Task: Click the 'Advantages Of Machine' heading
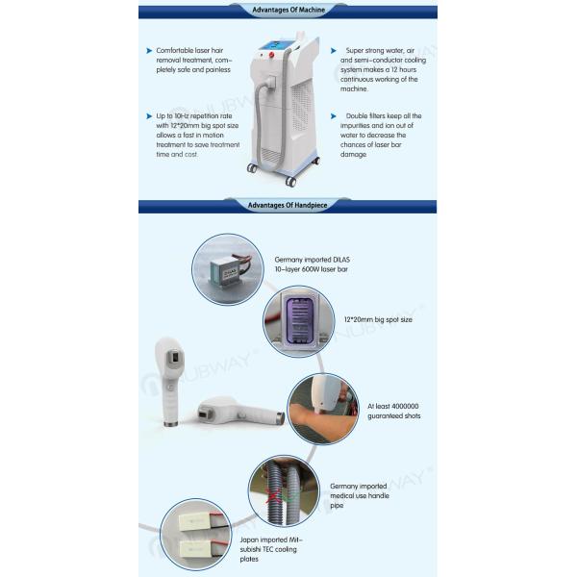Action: click(x=287, y=11)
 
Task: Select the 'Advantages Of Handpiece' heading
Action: click(x=287, y=205)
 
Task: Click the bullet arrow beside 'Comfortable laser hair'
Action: click(x=148, y=50)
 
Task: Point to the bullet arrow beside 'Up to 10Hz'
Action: click(x=148, y=115)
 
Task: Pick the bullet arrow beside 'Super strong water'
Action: click(x=333, y=50)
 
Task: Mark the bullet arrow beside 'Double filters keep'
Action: click(x=333, y=115)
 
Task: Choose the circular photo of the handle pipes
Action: click(x=284, y=489)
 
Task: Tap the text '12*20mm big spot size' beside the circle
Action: click(x=378, y=319)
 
